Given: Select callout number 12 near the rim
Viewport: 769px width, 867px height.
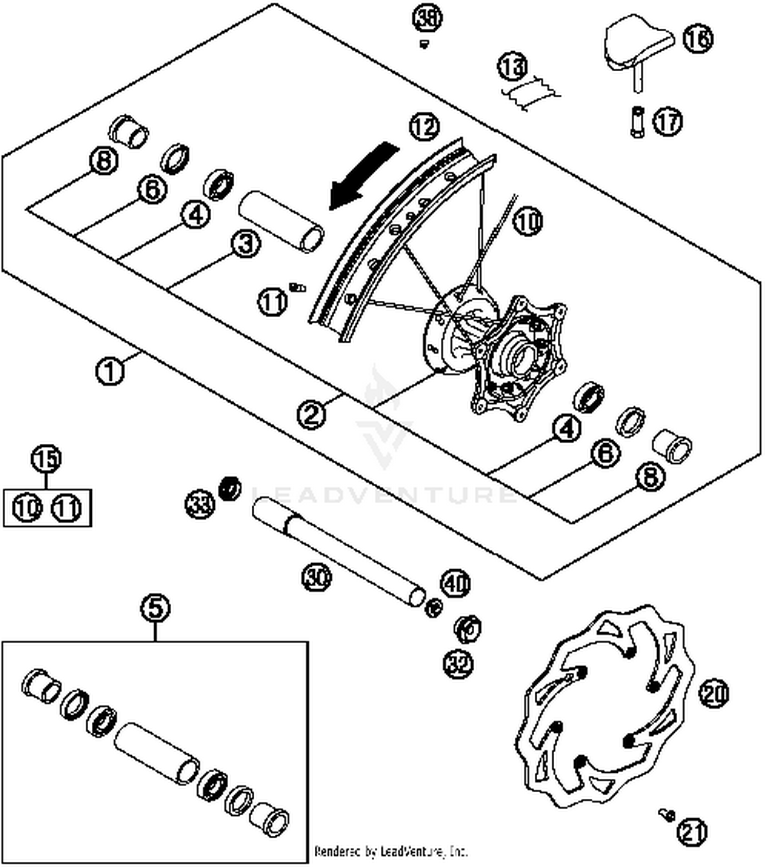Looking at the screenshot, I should tap(424, 127).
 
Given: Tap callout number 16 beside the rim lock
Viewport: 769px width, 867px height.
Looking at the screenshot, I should tap(698, 38).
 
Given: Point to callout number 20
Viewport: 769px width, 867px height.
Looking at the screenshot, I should tap(714, 694).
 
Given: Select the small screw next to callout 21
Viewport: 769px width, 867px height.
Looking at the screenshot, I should tap(666, 814).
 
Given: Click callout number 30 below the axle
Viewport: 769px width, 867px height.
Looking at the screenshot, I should tap(316, 577).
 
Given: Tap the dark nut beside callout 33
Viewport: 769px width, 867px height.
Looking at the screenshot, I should tap(230, 488).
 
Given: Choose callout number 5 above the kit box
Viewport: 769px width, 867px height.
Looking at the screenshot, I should tap(155, 608).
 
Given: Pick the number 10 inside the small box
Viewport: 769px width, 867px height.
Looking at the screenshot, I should tap(27, 508).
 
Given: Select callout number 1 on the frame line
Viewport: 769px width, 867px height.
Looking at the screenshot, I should tap(110, 370).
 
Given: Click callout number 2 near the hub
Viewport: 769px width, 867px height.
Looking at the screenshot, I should tap(312, 414).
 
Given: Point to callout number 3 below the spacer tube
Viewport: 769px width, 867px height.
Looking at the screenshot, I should tap(246, 244).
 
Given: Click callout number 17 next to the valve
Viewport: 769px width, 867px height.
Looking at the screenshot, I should tap(667, 122).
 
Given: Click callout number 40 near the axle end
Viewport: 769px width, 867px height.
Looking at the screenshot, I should tap(455, 583).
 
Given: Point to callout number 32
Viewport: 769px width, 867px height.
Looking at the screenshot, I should tap(458, 665).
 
